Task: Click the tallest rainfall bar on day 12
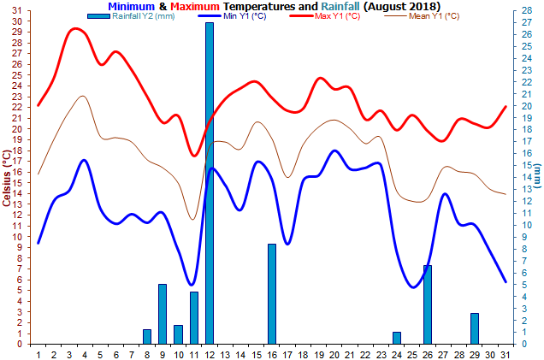point(209,183)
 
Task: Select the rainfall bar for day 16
point(272,293)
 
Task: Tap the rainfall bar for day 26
point(428,304)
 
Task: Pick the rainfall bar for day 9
point(163,314)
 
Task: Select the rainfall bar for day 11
point(194,317)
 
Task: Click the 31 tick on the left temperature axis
point(17,9)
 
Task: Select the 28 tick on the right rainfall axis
point(527,10)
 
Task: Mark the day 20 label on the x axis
point(334,353)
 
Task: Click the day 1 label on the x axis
point(38,353)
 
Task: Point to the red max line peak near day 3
point(76,28)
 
